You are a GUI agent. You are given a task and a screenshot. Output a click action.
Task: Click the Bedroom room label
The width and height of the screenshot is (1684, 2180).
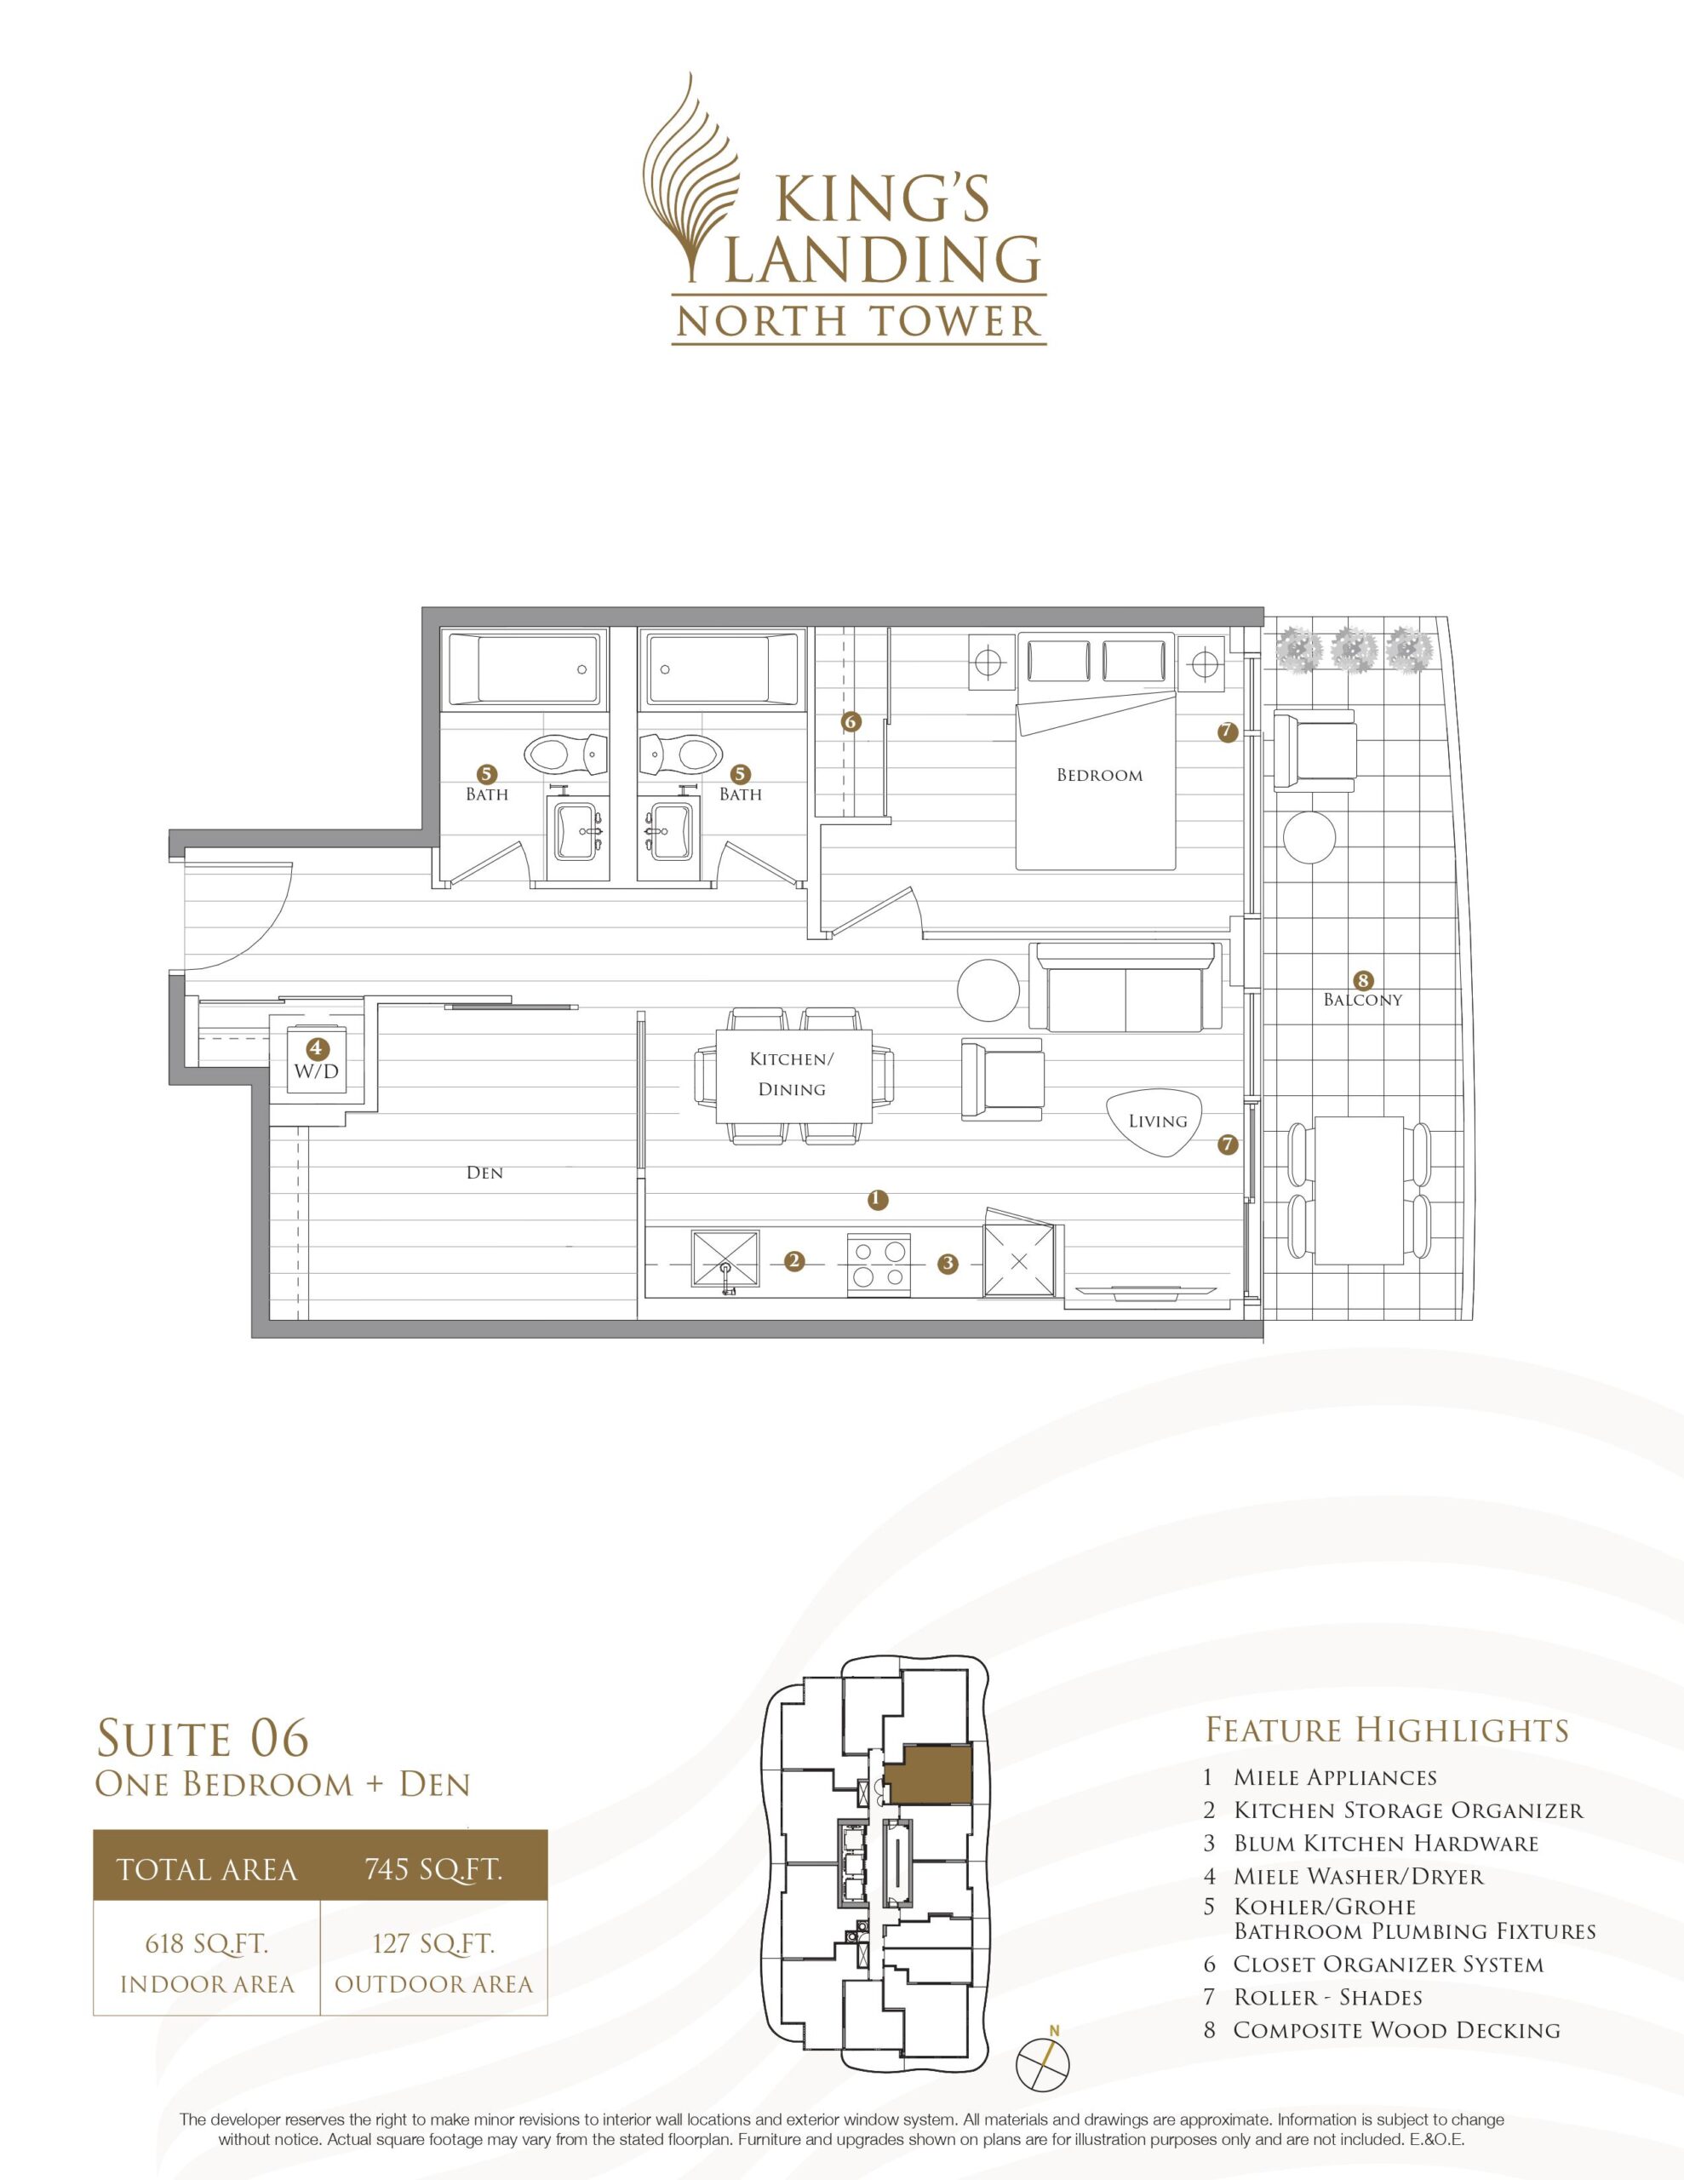(1099, 775)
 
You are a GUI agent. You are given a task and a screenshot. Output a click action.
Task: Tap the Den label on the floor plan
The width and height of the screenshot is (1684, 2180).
(484, 1173)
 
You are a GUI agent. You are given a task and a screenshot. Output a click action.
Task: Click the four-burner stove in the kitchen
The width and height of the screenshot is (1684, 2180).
(879, 1263)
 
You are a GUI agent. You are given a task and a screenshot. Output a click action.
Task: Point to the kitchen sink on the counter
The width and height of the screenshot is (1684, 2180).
(725, 1264)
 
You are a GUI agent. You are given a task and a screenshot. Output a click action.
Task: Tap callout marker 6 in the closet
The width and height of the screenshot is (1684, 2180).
(851, 720)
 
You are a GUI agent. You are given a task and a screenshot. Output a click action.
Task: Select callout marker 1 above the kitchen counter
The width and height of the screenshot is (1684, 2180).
(878, 1199)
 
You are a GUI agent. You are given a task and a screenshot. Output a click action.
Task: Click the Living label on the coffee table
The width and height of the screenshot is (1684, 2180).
(1157, 1121)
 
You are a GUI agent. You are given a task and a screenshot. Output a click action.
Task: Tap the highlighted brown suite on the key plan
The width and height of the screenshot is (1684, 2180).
(928, 1774)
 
